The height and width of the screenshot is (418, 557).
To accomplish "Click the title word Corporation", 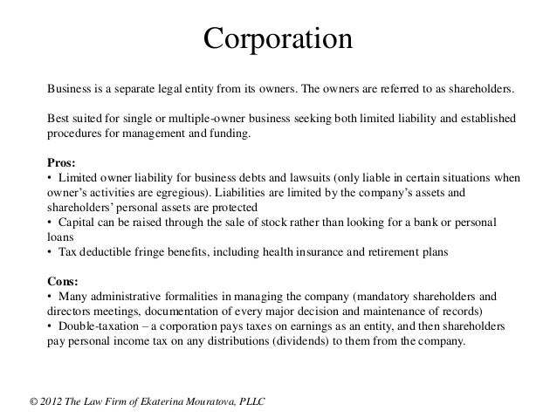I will (x=278, y=40).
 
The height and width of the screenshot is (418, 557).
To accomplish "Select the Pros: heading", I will (x=60, y=162).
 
